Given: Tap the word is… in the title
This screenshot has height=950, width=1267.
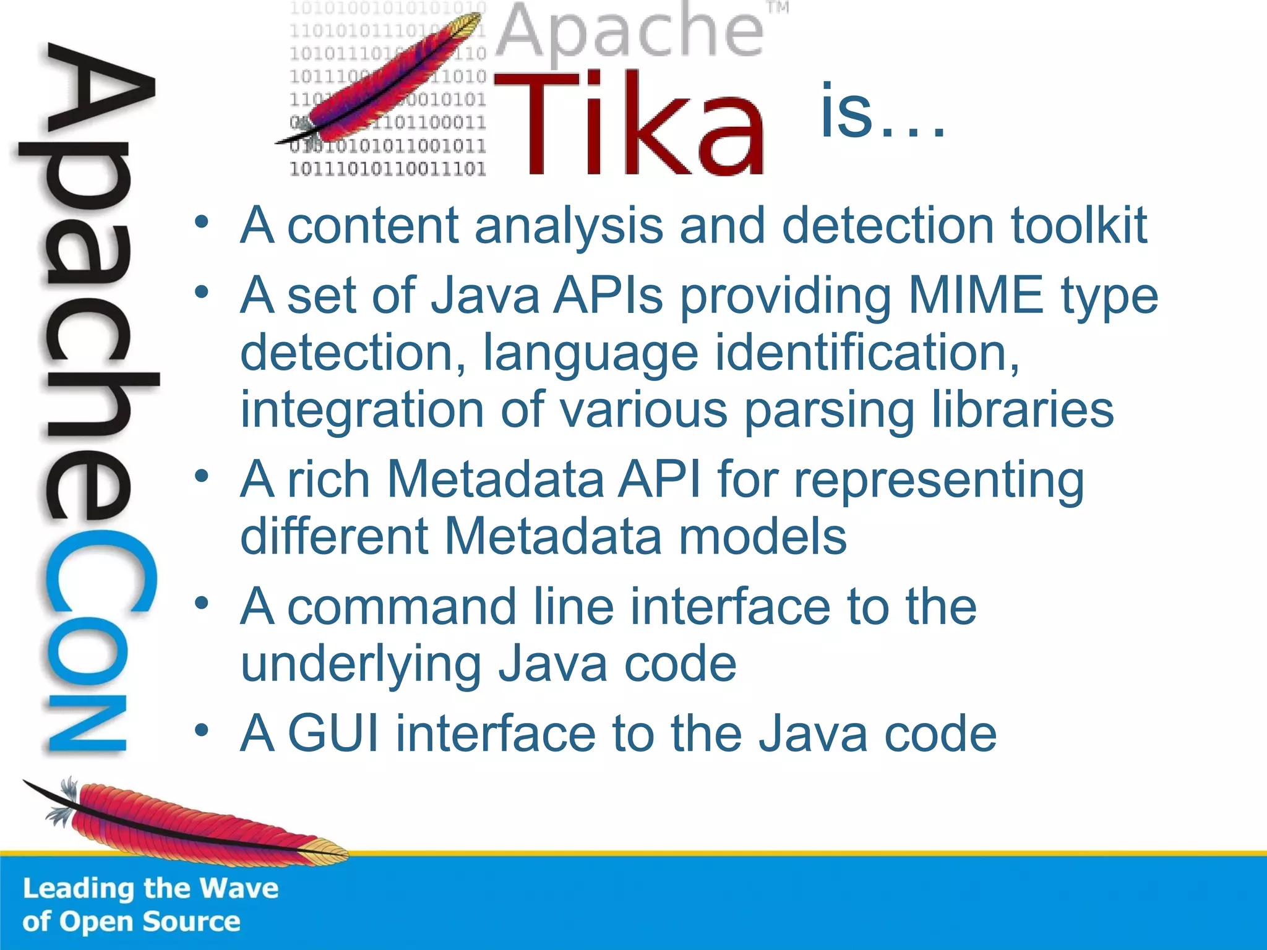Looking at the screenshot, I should click(x=882, y=112).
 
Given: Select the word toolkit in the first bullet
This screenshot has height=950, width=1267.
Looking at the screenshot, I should click(x=1079, y=225).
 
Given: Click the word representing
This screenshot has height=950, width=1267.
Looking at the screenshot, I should click(x=938, y=481).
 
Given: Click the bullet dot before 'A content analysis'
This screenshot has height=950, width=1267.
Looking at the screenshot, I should click(x=202, y=222).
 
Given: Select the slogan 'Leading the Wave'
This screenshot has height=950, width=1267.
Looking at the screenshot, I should click(x=150, y=888).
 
